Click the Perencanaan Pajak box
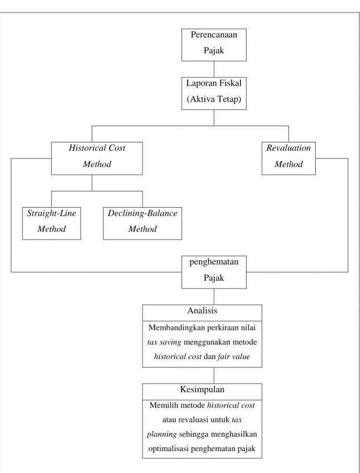pyautogui.click(x=214, y=45)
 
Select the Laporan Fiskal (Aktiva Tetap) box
pyautogui.click(x=214, y=93)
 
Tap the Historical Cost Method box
pyautogui.click(x=97, y=159)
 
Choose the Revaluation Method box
pyautogui.click(x=289, y=159)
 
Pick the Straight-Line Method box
pyautogui.click(x=51, y=223)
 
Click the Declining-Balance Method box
pyautogui.click(x=142, y=223)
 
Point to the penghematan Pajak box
pyautogui.click(x=214, y=272)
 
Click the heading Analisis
pyautogui.click(x=202, y=310)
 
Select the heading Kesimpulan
pyautogui.click(x=202, y=389)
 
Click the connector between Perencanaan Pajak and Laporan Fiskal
pyautogui.click(x=214, y=69)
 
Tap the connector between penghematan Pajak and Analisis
pyautogui.click(x=214, y=297)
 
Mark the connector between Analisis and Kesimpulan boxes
pyautogui.click(x=214, y=375)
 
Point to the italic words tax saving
pyautogui.click(x=164, y=342)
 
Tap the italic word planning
pyautogui.click(x=162, y=434)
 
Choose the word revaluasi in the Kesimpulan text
pyautogui.click(x=190, y=419)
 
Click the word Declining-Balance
pyautogui.click(x=142, y=213)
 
